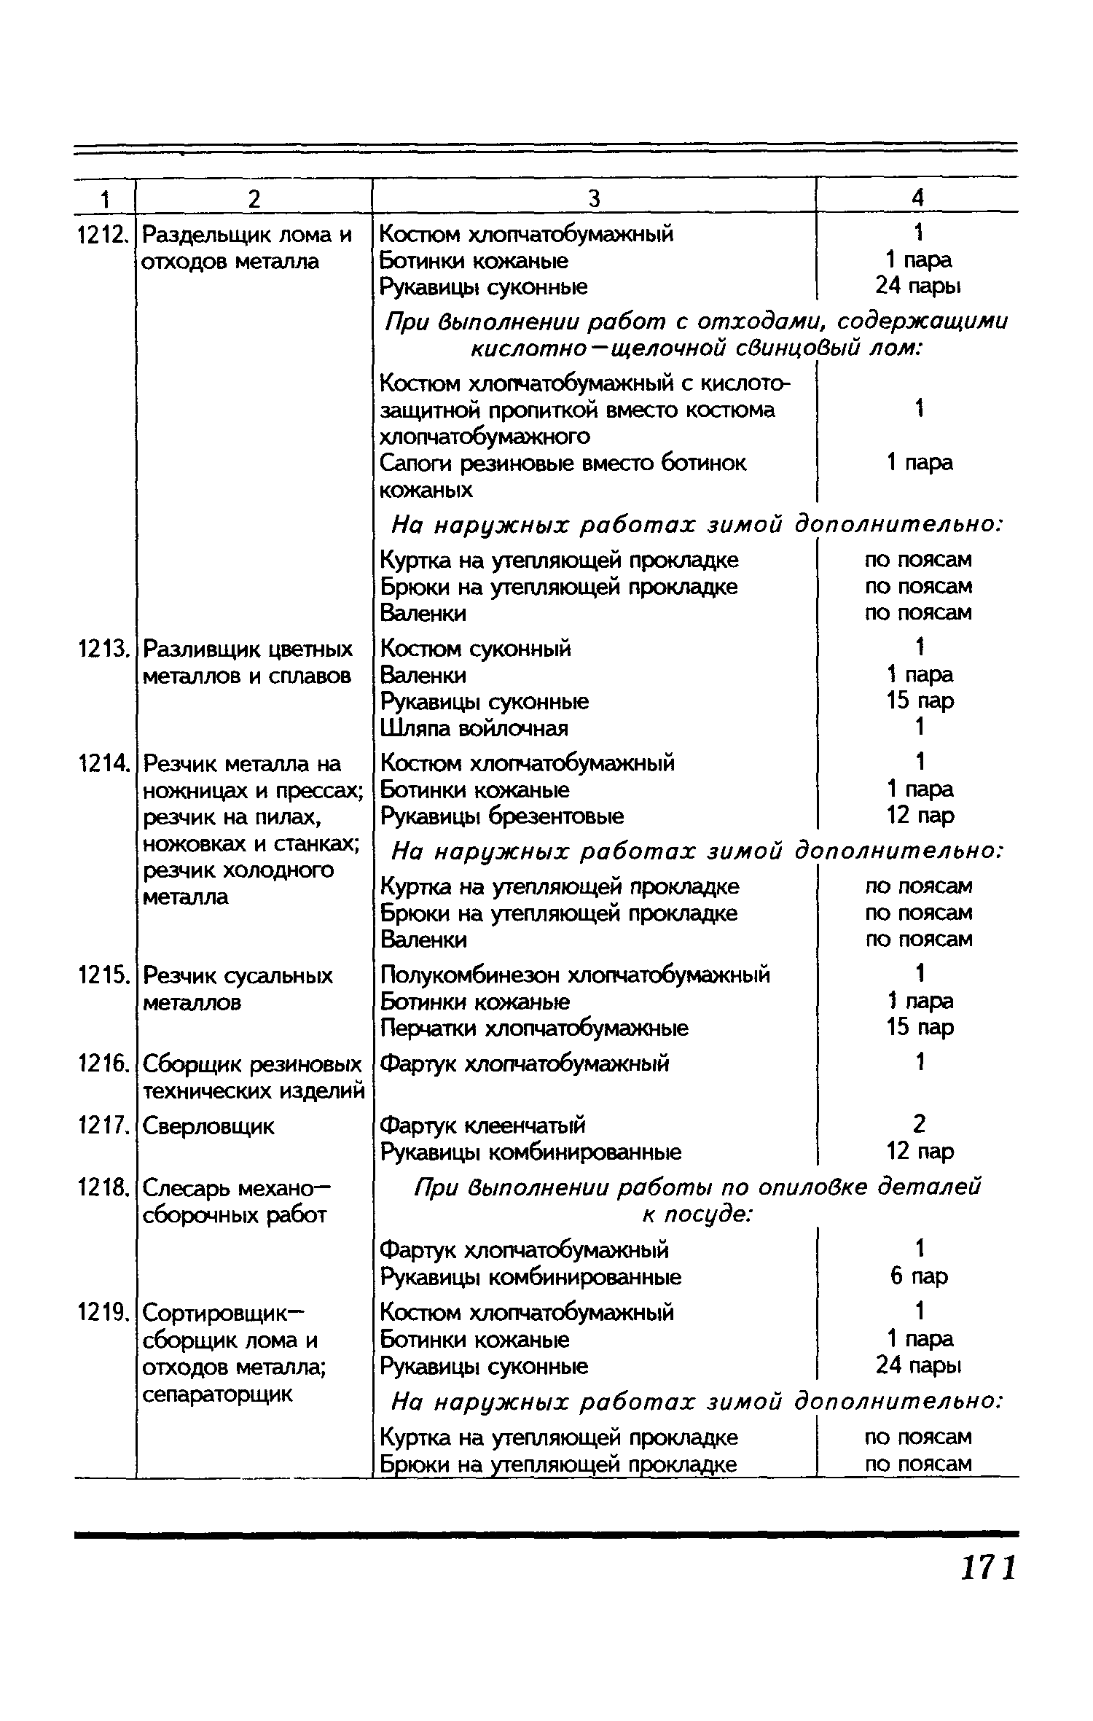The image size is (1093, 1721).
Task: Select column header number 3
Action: pos(594,198)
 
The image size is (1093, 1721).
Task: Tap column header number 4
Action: pos(918,198)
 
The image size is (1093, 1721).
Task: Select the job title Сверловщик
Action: pos(208,1126)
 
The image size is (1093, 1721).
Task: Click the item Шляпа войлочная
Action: pos(474,728)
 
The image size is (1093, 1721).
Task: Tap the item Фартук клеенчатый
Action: pos(483,1125)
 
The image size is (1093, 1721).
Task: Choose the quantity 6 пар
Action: pos(919,1276)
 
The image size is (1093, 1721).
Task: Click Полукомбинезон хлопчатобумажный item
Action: pos(575,975)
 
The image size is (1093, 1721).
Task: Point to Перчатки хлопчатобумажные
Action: pos(535,1028)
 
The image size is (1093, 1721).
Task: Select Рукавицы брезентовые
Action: pos(503,816)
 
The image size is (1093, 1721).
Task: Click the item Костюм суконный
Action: pos(476,648)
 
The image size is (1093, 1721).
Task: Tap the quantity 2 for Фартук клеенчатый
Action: pos(919,1124)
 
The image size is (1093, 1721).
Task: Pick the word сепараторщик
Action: pos(217,1394)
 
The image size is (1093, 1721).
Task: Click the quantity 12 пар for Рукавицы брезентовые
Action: pos(920,815)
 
